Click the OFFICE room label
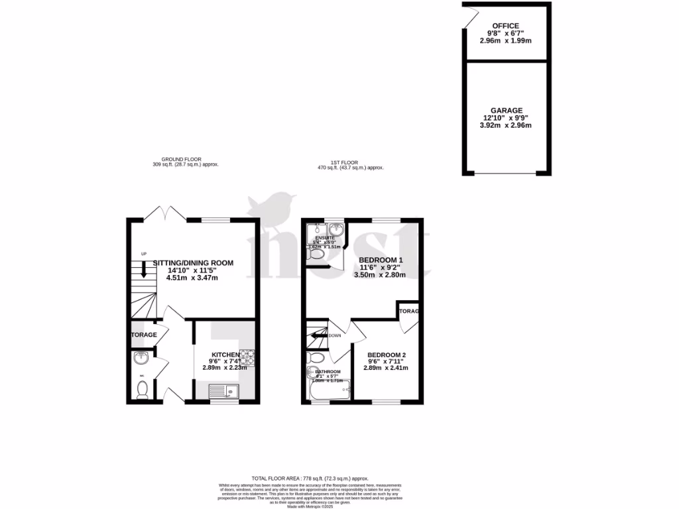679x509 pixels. pos(505,26)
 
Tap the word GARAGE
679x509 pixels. pos(507,111)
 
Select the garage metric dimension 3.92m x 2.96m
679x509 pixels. pos(506,125)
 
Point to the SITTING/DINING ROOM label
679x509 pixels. pos(193,263)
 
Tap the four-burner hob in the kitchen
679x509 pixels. pos(249,358)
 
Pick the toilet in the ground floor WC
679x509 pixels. pos(141,392)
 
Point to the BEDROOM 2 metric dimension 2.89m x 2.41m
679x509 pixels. pos(385,368)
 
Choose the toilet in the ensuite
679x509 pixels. pos(316,254)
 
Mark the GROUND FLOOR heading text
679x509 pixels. pos(185,160)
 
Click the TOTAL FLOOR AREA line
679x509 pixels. pos(310,479)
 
